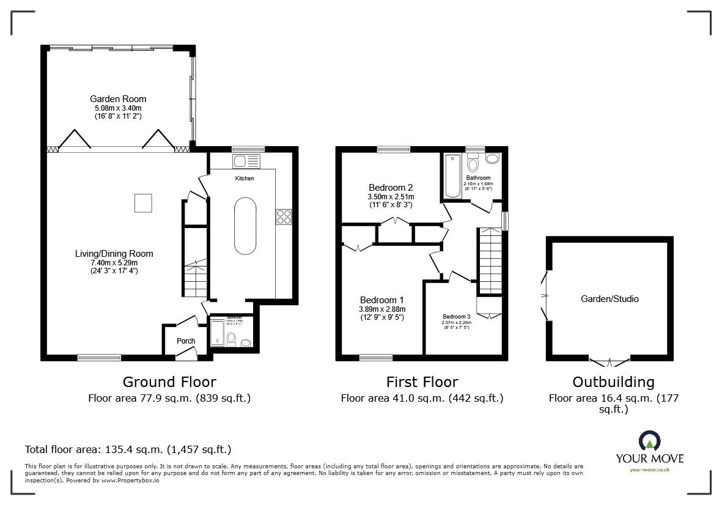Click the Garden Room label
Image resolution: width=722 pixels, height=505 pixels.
[118, 98]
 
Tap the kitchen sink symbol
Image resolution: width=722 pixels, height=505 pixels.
[246, 161]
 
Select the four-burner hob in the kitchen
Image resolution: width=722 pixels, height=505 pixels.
[284, 216]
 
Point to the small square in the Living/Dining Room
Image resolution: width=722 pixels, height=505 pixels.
[143, 202]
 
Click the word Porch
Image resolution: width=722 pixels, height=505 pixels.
[186, 341]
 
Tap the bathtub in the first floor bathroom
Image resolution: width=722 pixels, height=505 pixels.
[453, 176]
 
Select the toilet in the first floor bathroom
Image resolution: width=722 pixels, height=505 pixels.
[472, 165]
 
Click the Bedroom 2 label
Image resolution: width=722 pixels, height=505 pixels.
[391, 188]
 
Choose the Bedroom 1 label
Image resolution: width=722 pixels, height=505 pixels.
[382, 300]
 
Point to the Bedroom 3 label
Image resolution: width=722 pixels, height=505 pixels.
[457, 317]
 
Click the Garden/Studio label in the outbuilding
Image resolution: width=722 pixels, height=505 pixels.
[610, 299]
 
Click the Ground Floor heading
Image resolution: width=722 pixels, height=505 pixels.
[169, 382]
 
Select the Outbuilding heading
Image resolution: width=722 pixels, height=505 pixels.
[613, 382]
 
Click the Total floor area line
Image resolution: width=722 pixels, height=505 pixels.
[128, 449]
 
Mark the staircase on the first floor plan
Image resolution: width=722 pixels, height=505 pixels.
[489, 260]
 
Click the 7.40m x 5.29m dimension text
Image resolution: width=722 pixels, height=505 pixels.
[114, 262]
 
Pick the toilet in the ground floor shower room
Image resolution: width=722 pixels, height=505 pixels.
[231, 338]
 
